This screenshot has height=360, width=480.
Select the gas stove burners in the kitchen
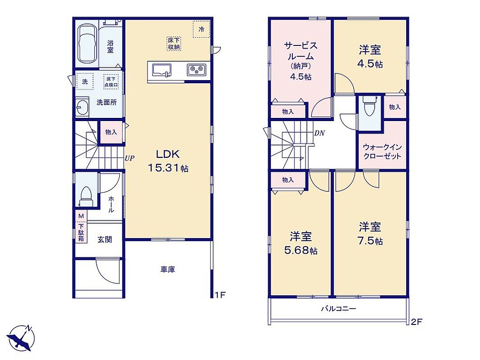click(197, 70)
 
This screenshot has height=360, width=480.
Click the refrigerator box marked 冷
click(202, 29)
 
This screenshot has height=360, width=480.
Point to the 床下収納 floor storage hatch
click(174, 44)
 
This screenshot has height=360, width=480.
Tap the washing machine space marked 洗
click(85, 81)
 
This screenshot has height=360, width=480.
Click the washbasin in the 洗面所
click(82, 107)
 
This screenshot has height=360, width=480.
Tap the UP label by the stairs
click(130, 158)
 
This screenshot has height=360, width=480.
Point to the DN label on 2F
click(319, 133)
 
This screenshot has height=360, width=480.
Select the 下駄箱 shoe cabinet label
click(81, 232)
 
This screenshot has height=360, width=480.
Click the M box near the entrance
click(81, 216)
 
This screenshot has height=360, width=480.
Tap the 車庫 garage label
click(168, 270)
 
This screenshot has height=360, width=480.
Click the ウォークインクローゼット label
click(382, 152)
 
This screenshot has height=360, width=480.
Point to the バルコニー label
click(338, 309)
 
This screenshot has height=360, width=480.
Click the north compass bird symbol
click(21, 338)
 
